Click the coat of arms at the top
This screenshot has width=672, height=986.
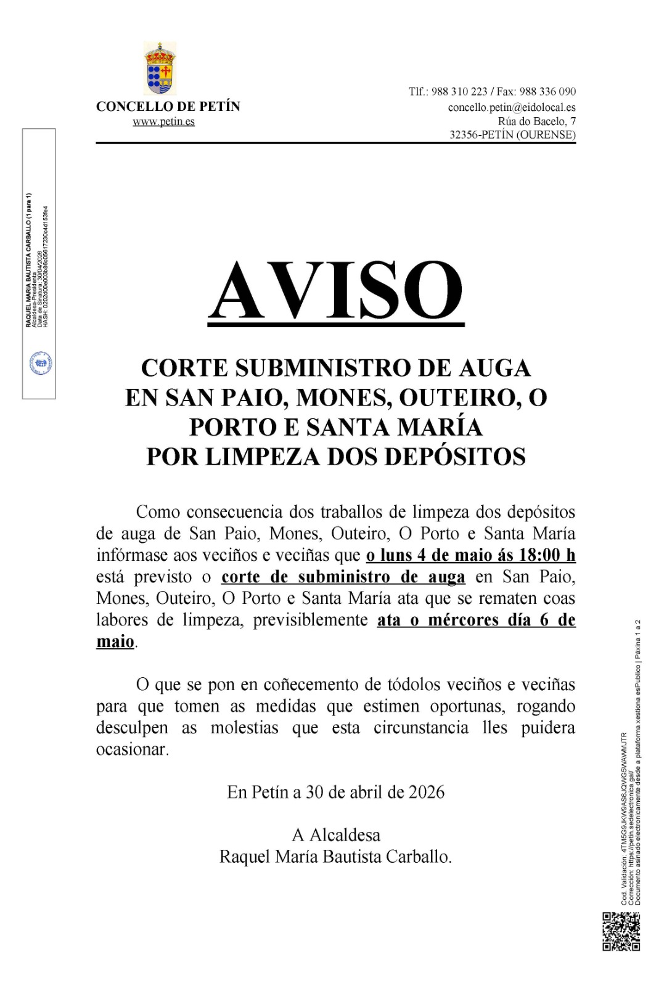160,68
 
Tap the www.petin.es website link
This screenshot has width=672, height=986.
163,121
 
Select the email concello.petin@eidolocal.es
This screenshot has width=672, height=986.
512,107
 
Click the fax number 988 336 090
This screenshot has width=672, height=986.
547,92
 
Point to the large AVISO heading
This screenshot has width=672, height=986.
336,291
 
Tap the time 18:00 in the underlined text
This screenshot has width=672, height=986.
541,555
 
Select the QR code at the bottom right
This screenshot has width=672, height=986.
621,931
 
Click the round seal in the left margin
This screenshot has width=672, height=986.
41,364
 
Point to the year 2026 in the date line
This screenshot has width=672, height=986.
427,792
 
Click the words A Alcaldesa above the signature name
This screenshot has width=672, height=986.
336,835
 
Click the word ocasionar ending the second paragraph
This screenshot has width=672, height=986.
132,749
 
